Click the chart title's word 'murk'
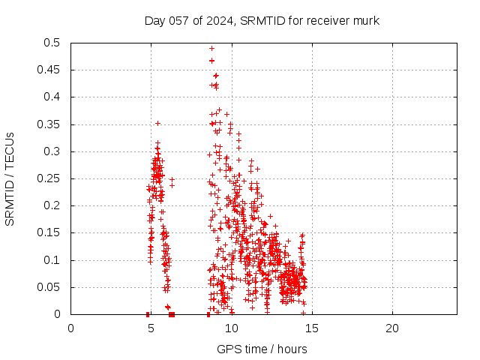click(364, 20)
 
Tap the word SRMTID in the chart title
click(262, 20)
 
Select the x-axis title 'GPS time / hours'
click(262, 349)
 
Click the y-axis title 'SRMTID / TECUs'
click(10, 179)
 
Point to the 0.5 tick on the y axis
click(52, 43)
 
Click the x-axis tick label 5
click(151, 328)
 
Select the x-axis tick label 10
click(231, 328)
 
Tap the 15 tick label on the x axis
click(311, 328)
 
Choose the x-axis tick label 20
click(391, 328)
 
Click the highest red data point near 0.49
click(211, 48)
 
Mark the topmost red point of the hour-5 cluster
click(157, 123)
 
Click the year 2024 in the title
click(218, 20)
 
